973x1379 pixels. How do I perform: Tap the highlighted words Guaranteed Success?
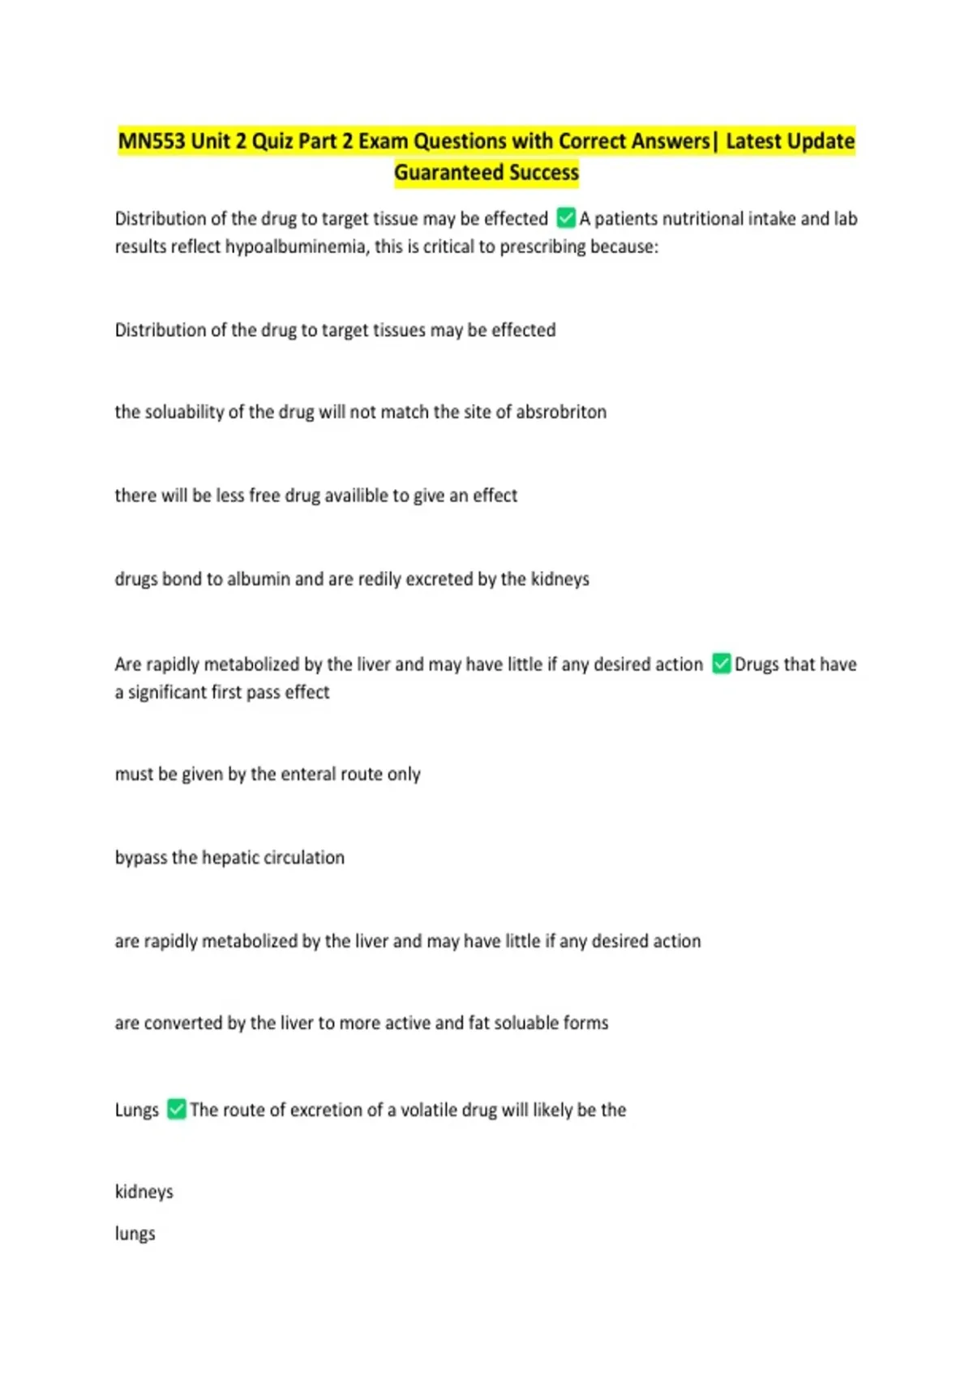486,173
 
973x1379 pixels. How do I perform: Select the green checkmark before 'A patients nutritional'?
566,218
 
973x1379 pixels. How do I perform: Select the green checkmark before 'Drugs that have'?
721,664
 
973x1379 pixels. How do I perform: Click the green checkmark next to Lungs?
177,1109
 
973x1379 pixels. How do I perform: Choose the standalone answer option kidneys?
144,1192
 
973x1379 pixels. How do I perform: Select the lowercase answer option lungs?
135,1234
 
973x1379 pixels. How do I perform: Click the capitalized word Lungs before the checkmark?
136,1110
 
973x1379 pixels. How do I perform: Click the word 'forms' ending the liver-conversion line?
585,1023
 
